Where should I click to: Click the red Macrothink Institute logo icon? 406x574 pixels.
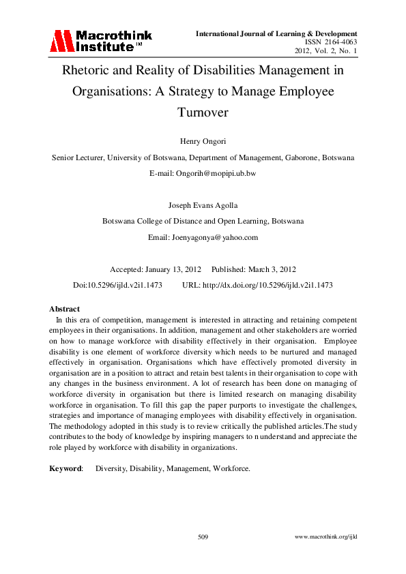60,42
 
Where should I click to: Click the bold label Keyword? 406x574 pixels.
66,469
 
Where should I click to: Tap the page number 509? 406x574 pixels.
203,538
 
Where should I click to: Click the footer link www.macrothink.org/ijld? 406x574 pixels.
325,538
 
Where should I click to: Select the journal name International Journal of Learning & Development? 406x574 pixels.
276,33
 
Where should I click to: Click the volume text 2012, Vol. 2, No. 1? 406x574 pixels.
325,51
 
